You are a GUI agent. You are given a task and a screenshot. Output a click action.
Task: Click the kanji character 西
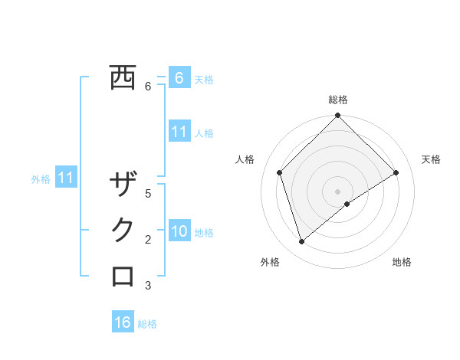pyautogui.click(x=123, y=78)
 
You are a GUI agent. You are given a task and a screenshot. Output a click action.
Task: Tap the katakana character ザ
pyautogui.click(x=123, y=185)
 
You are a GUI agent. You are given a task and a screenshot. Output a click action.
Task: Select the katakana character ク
pyautogui.click(x=123, y=231)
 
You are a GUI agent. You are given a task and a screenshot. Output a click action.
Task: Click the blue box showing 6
pyautogui.click(x=179, y=78)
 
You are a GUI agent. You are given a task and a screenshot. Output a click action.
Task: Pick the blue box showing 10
pyautogui.click(x=179, y=231)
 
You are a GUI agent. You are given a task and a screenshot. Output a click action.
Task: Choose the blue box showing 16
pyautogui.click(x=123, y=322)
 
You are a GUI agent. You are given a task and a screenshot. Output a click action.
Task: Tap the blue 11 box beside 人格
pyautogui.click(x=179, y=132)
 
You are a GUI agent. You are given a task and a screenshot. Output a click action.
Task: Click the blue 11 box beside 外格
pyautogui.click(x=66, y=178)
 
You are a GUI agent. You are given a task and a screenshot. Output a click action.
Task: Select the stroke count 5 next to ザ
pyautogui.click(x=148, y=193)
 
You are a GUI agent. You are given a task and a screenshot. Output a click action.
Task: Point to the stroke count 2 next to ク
pyautogui.click(x=148, y=240)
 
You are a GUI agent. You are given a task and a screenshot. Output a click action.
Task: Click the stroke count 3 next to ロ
pyautogui.click(x=148, y=286)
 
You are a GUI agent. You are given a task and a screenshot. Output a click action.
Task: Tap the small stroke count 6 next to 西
pyautogui.click(x=148, y=87)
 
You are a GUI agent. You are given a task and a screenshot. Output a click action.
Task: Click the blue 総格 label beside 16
pyautogui.click(x=147, y=324)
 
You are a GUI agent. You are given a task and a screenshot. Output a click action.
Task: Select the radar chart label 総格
pyautogui.click(x=337, y=100)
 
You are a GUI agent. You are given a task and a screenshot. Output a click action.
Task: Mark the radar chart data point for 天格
pyautogui.click(x=396, y=172)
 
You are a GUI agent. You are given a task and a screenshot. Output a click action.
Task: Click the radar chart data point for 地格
pyautogui.click(x=347, y=204)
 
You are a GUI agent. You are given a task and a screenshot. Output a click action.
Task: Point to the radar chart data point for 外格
pyautogui.click(x=301, y=242)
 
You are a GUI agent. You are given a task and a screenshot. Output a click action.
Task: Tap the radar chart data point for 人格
pyautogui.click(x=280, y=172)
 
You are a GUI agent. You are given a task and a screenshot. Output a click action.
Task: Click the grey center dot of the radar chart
pyautogui.click(x=337, y=191)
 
